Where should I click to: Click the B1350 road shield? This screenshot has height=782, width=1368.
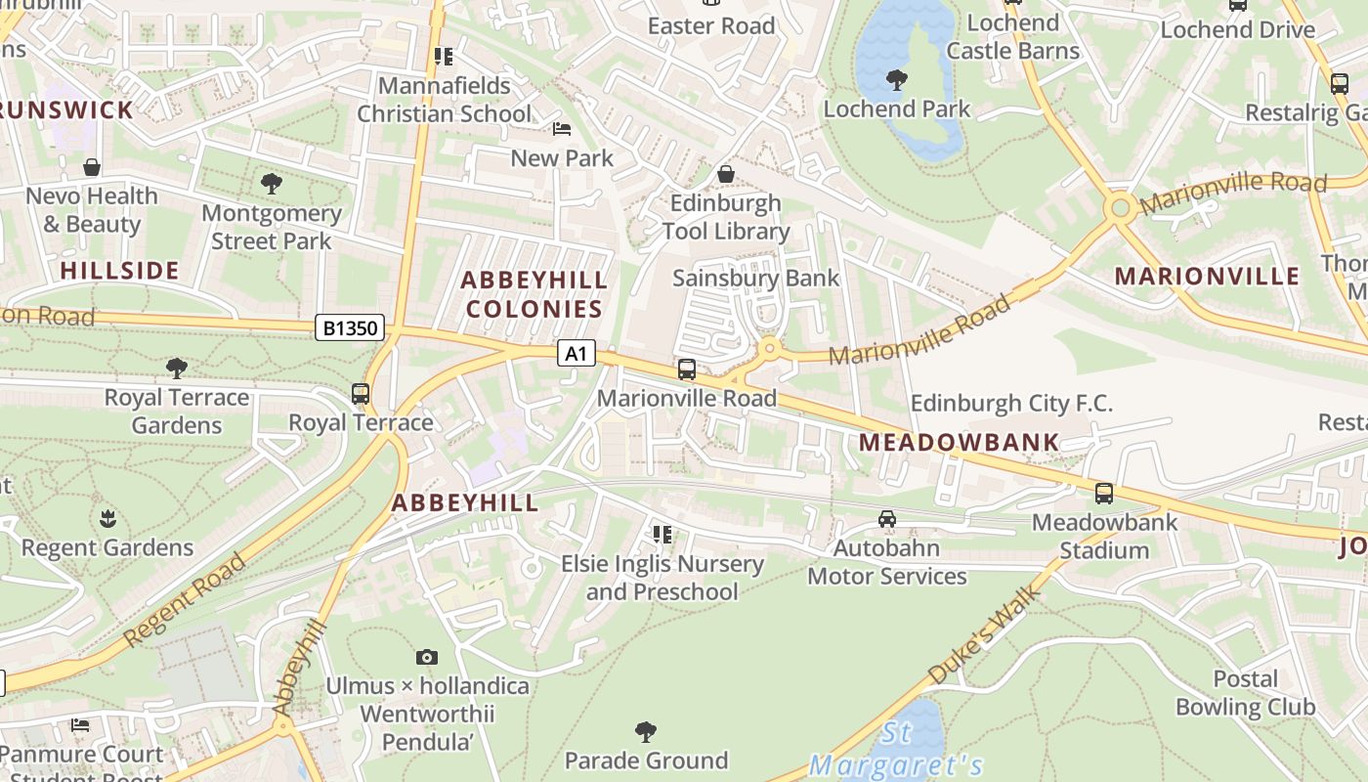click(x=350, y=327)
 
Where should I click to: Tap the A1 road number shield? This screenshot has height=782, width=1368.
click(x=576, y=353)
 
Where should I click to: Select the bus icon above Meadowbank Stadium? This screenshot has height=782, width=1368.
click(x=1103, y=494)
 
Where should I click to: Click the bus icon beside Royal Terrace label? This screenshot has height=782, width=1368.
click(x=361, y=394)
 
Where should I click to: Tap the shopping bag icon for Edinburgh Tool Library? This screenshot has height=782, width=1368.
click(x=725, y=174)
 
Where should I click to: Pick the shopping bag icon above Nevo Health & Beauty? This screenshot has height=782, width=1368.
click(x=92, y=167)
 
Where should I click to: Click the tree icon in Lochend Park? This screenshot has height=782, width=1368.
click(x=896, y=80)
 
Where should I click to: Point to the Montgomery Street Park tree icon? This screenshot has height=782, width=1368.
click(x=272, y=183)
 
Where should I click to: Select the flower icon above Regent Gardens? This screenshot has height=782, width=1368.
click(x=107, y=518)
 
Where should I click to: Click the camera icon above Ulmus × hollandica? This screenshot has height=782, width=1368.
click(x=427, y=657)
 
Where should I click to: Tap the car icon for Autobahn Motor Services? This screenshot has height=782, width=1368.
click(x=886, y=519)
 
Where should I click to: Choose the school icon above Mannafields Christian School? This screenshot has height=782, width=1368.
click(x=445, y=57)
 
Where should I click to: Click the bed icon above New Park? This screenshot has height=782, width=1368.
click(x=562, y=129)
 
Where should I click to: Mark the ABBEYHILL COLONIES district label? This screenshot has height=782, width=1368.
click(x=534, y=294)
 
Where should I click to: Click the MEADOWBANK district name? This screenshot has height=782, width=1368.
click(x=959, y=442)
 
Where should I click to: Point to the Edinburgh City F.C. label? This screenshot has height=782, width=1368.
click(x=1011, y=403)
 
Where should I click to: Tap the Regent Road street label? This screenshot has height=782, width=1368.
click(x=186, y=599)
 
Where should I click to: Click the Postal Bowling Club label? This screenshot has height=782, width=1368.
click(x=1245, y=692)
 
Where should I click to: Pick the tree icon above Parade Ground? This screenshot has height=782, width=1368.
click(x=645, y=731)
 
